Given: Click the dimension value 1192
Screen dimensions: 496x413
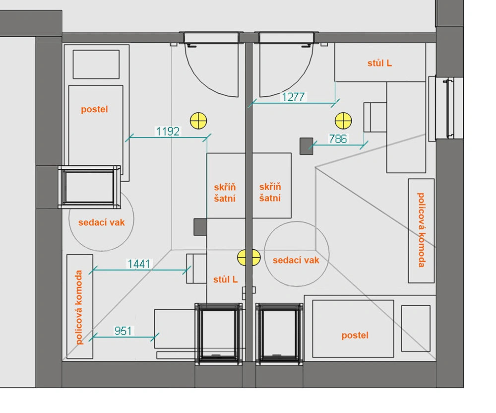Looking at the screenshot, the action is (168, 132).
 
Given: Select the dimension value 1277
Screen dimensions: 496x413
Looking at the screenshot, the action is (293, 97).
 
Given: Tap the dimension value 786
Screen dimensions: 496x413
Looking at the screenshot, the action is (338, 138).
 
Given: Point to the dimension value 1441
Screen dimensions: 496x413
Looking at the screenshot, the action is (138, 264).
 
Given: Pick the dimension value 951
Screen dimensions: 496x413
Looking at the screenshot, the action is (123, 331).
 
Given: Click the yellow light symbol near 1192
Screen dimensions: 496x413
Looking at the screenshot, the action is (198, 121).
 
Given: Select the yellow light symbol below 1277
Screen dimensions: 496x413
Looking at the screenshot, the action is (343, 121).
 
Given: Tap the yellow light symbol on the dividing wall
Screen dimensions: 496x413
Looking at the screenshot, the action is (249, 257).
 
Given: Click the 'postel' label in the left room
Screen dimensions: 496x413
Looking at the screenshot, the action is (94, 110).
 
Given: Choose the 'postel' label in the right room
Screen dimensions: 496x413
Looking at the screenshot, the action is (355, 336).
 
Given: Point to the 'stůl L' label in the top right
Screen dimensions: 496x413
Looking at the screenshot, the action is (379, 63).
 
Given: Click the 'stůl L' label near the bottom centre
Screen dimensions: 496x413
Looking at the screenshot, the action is (225, 279).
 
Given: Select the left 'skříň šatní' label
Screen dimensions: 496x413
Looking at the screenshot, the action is (225, 193).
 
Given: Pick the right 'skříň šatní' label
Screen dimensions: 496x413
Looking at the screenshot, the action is (270, 193).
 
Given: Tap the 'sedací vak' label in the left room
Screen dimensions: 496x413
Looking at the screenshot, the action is (102, 222).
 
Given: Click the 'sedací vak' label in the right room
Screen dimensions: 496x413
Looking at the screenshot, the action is (296, 260).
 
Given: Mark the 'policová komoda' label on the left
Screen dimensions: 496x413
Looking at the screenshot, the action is (79, 307).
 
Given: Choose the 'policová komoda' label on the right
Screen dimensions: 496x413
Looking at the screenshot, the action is (421, 230).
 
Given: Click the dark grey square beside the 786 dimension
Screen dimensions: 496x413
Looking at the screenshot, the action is (306, 146).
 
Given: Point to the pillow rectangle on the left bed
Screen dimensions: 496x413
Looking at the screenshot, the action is (96, 64).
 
